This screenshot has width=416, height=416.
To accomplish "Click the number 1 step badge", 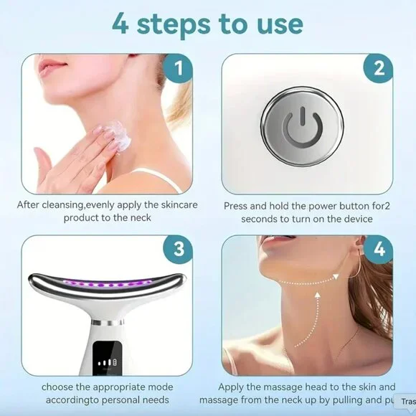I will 178,70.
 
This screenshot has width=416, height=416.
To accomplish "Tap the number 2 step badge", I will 378,70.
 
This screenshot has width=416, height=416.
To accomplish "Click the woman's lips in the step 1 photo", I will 52,68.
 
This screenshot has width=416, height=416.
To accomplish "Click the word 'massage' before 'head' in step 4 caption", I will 280,387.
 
